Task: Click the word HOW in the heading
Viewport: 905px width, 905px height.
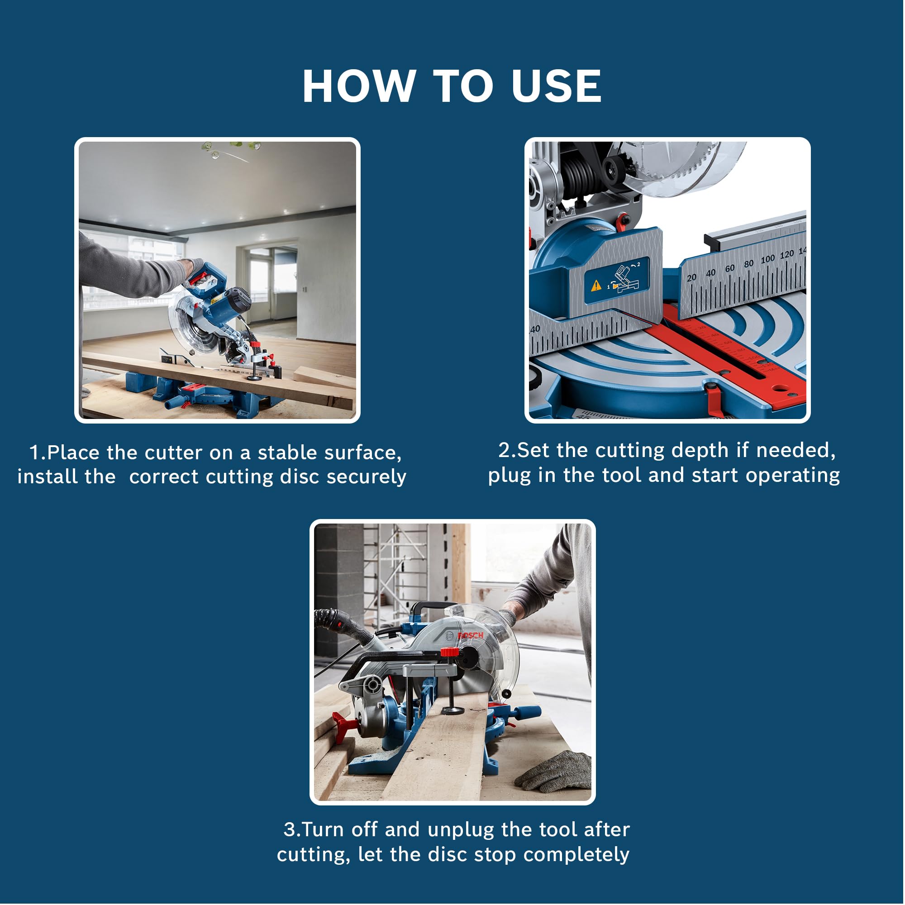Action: click(359, 86)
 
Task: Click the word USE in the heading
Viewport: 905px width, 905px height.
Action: click(557, 86)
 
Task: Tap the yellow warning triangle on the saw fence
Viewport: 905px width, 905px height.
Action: click(596, 285)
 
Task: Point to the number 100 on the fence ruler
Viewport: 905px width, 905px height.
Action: click(767, 259)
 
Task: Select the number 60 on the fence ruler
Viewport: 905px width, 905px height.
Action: click(729, 268)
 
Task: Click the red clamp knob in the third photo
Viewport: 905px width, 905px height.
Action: click(450, 652)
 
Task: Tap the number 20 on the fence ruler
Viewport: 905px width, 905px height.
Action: click(691, 278)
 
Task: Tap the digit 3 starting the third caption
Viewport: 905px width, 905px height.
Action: click(289, 830)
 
